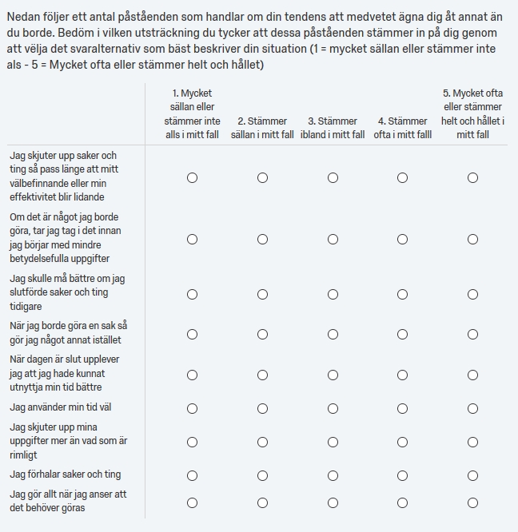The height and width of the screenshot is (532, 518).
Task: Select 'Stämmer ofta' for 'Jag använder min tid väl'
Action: click(402, 408)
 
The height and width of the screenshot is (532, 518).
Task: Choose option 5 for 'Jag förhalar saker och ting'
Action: click(472, 475)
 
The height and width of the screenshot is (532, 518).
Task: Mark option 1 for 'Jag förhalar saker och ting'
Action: click(192, 475)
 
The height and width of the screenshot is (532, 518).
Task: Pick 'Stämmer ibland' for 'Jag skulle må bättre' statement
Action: click(333, 294)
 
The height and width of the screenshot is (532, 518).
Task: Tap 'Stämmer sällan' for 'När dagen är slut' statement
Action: click(262, 375)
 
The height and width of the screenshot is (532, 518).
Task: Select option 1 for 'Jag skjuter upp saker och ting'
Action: click(192, 177)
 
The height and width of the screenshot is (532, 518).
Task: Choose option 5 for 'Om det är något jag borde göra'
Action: click(472, 239)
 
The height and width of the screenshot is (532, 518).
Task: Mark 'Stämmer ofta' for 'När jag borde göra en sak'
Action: click(402, 335)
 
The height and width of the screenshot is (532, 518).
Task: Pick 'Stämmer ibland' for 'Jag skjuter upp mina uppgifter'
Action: click(333, 442)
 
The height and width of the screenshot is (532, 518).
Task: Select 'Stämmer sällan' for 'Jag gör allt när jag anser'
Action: click(262, 502)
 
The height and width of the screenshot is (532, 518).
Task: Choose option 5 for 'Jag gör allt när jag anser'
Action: click(472, 502)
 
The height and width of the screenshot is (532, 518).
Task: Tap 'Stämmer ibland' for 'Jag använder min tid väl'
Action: click(333, 408)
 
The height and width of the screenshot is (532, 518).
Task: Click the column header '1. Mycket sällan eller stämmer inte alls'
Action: click(192, 114)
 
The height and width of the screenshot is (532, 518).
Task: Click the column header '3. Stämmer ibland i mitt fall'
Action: click(333, 128)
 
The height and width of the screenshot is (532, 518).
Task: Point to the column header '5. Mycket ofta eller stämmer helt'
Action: click(472, 114)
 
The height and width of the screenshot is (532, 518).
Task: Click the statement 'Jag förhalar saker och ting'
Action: click(66, 474)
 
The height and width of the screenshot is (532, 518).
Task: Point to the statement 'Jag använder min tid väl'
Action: click(61, 407)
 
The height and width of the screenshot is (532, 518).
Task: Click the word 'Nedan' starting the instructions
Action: click(23, 18)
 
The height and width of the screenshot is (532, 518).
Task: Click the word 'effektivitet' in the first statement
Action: click(37, 197)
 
